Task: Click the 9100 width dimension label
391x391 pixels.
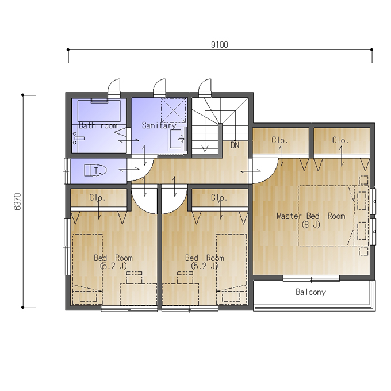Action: (x=220, y=45)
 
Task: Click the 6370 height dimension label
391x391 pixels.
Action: (x=18, y=201)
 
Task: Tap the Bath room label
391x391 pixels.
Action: (x=98, y=125)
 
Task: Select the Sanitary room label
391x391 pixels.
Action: (x=159, y=125)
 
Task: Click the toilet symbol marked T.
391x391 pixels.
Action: (x=95, y=170)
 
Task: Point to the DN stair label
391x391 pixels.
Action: (x=235, y=145)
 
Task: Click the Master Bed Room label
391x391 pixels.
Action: (x=311, y=216)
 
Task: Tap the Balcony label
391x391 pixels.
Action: (x=310, y=292)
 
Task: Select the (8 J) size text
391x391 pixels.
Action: (x=310, y=225)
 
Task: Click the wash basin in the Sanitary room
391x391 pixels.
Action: (x=177, y=139)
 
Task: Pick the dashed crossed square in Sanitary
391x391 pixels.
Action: (x=173, y=110)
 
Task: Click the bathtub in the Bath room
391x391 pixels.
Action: (x=99, y=111)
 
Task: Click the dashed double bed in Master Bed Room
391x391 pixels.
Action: (x=326, y=216)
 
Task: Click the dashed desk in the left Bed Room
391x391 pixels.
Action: (x=138, y=294)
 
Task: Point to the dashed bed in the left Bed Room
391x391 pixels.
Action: (x=87, y=269)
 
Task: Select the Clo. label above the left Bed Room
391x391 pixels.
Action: (x=97, y=198)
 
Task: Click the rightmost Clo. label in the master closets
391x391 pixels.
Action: (x=340, y=140)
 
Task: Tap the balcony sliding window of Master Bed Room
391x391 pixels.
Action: (x=311, y=278)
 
